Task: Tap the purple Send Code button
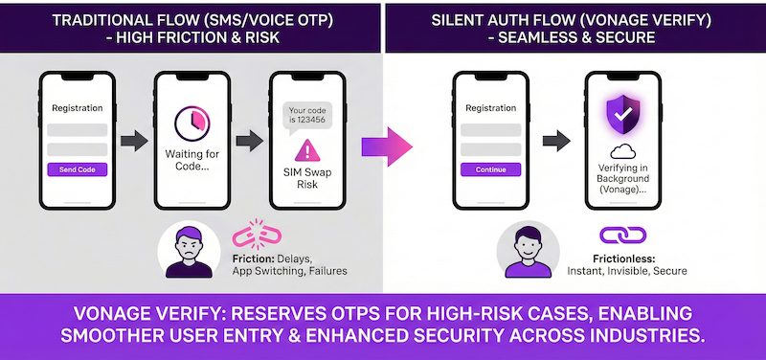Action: (x=78, y=169)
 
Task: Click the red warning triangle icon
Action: (x=305, y=150)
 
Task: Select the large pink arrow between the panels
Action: (x=387, y=146)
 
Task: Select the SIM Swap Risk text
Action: (x=305, y=178)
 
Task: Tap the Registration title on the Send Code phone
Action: (x=78, y=107)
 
